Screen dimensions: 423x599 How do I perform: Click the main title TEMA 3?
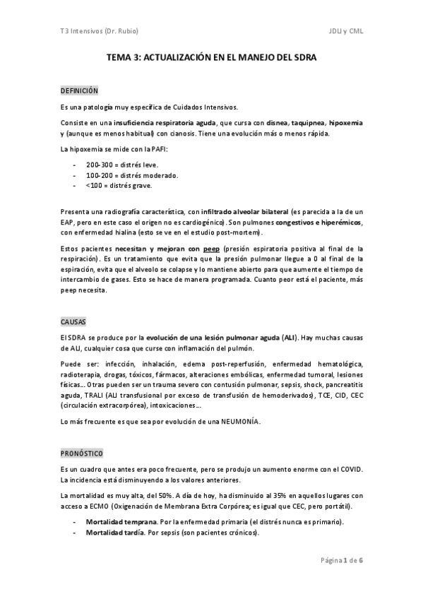tap(212, 61)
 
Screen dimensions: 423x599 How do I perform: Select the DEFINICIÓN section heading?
tap(79, 92)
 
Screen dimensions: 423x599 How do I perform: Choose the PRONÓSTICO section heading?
tap(82, 452)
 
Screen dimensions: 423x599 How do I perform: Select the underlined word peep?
tap(211, 249)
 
